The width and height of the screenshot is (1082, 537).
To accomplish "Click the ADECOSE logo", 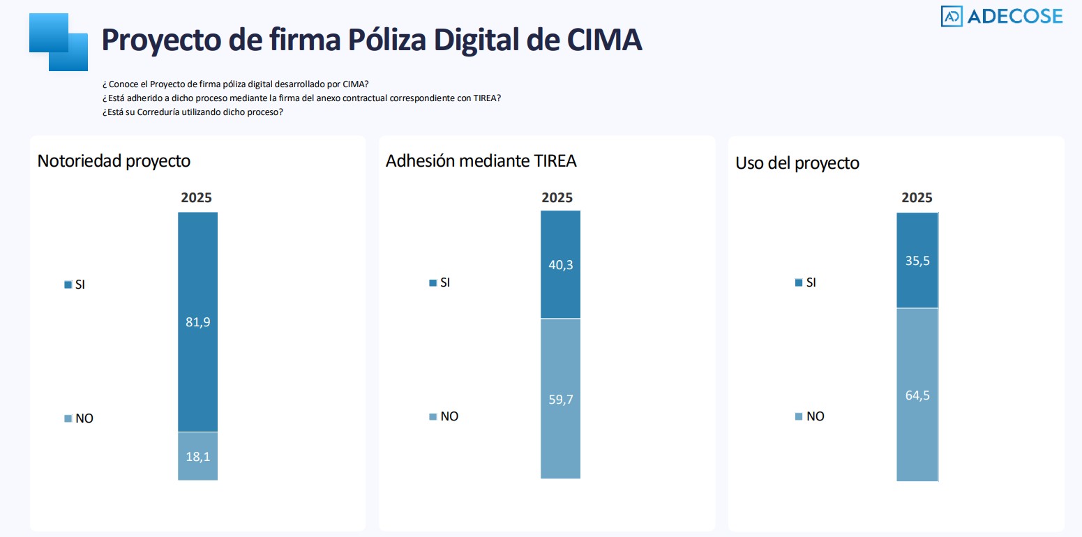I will [x=1001, y=16].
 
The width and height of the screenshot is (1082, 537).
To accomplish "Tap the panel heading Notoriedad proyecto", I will [x=114, y=160].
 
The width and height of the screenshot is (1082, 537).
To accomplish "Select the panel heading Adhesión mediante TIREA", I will [x=481, y=160].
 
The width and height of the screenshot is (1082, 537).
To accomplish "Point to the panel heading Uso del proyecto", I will [x=797, y=163].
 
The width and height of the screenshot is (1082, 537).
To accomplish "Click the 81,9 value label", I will [x=197, y=322].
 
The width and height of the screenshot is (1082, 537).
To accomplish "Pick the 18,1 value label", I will [x=197, y=457].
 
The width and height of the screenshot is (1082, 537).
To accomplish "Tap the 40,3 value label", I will [x=560, y=265].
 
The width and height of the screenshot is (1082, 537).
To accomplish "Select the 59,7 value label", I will [x=560, y=399].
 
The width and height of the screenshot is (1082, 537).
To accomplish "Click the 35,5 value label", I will [x=917, y=260].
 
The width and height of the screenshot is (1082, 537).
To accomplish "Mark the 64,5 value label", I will [x=917, y=395].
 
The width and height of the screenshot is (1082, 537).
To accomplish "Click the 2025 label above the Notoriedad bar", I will [x=197, y=197].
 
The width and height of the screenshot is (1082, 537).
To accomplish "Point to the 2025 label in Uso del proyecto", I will [x=917, y=198].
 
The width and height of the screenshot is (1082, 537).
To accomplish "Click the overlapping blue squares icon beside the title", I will [x=59, y=42].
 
